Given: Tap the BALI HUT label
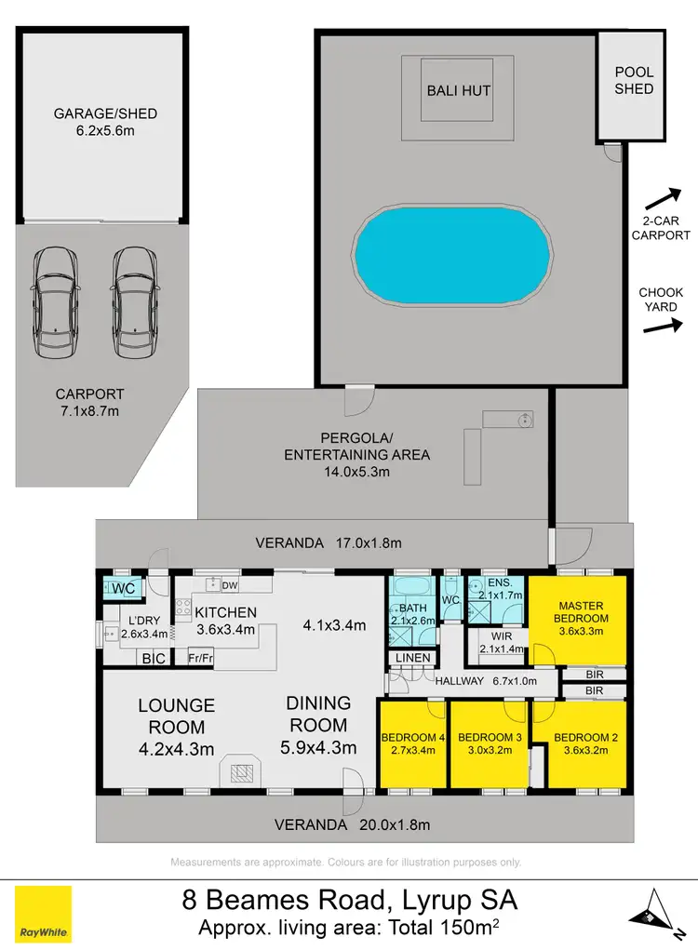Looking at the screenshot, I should coord(458,90).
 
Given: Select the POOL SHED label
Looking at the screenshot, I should coord(634,80).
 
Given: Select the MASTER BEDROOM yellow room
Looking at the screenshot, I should coord(581,619).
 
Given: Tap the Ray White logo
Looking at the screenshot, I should coord(43,914).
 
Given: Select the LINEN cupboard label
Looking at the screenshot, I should coord(414,659).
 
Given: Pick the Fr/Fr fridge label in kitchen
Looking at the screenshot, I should coord(202,658).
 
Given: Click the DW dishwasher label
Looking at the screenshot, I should coord(228,584).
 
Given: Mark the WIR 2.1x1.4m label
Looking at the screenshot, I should coord(495,642).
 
